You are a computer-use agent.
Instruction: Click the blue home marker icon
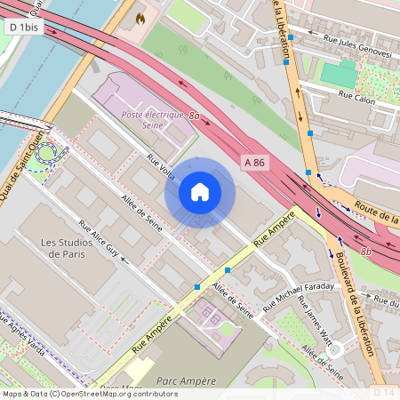tap(200, 192)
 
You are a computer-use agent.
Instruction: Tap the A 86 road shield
tap(254, 162)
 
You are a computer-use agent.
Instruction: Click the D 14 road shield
tap(384, 392)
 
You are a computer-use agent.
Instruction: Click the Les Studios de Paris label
tap(74, 248)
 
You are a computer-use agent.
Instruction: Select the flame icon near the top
tap(140, 17)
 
